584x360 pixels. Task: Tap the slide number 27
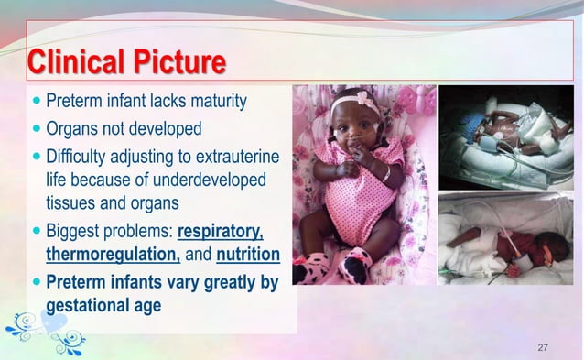tap(543, 347)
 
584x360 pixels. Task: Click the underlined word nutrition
tap(247, 254)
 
